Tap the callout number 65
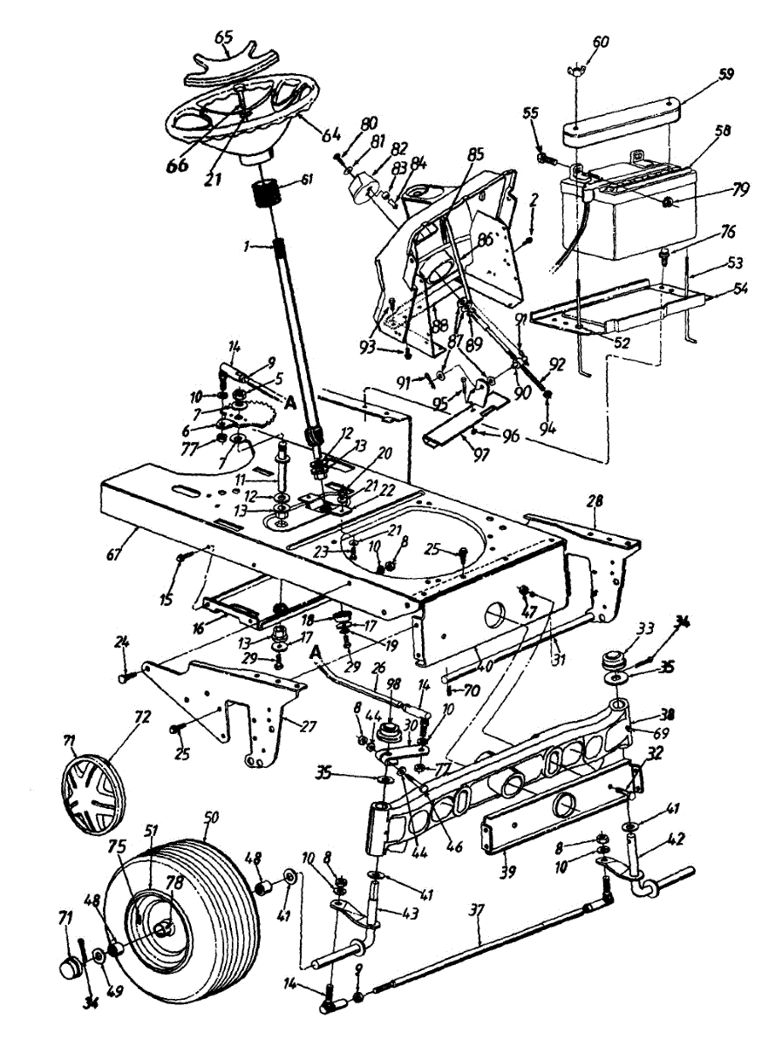tap(224, 37)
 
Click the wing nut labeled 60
tap(585, 70)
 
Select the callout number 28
tap(596, 501)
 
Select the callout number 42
tap(676, 840)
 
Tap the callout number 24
tap(122, 643)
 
